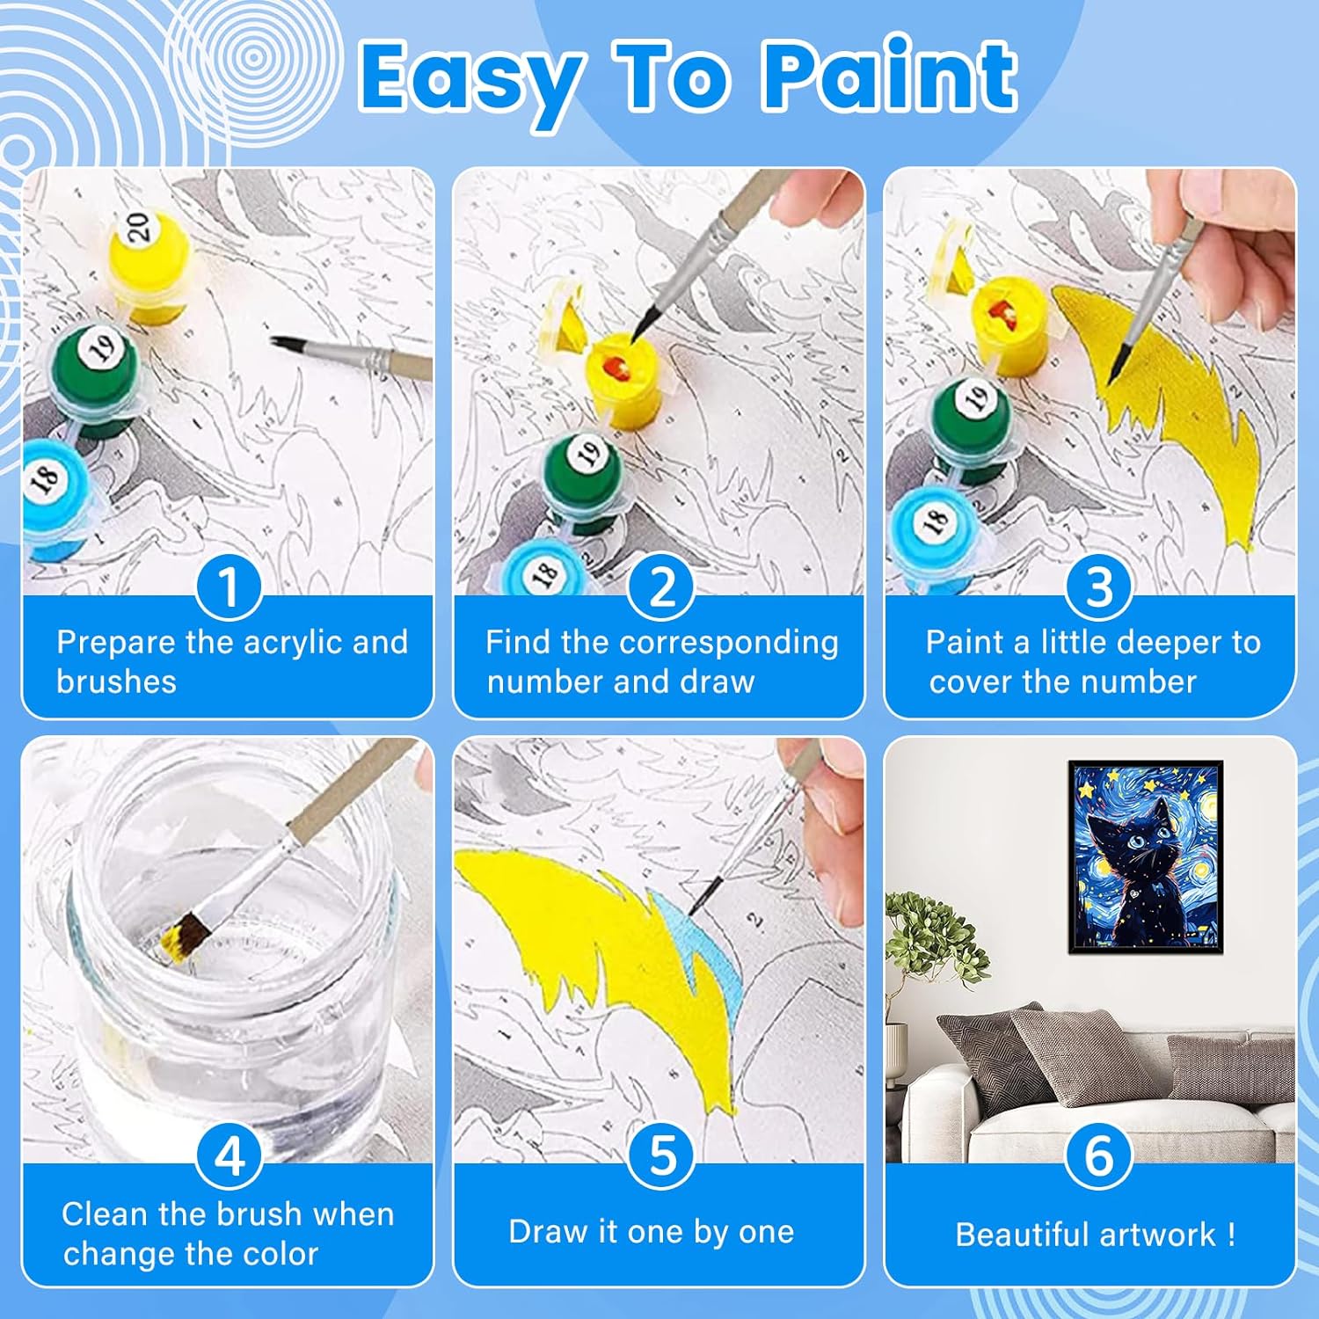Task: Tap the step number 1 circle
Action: click(x=229, y=587)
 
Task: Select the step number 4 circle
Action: click(x=229, y=1155)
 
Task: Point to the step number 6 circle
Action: click(x=1098, y=1155)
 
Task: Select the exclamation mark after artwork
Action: click(x=1231, y=1235)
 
